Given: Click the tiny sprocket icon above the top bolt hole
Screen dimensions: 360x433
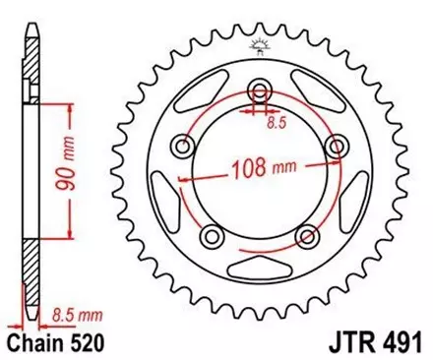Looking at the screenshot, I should [260, 44].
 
